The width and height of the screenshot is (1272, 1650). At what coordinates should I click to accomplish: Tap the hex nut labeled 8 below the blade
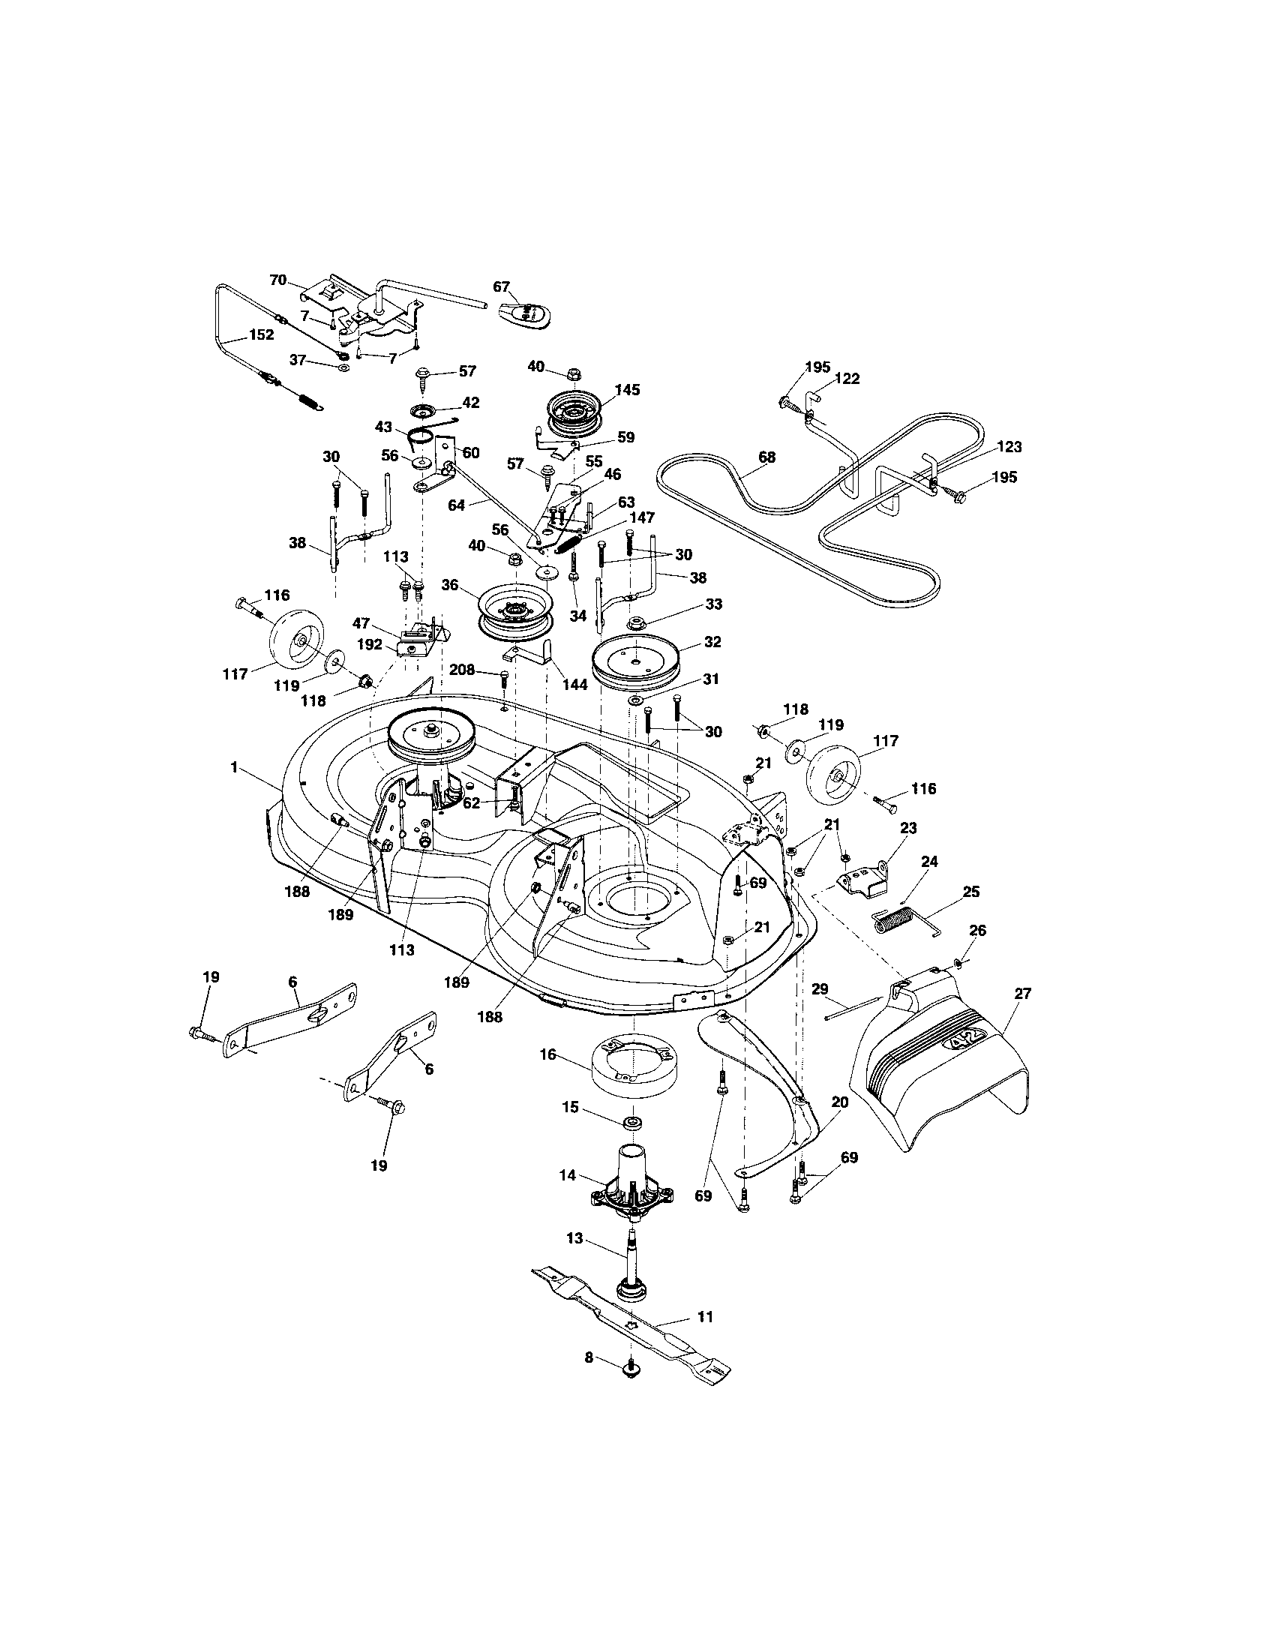click(x=628, y=1369)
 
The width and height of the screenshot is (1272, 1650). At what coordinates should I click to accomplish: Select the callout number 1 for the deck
click(x=234, y=766)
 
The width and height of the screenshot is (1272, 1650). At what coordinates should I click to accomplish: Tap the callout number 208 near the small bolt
click(x=462, y=668)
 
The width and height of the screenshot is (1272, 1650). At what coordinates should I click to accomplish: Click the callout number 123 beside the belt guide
click(x=1009, y=447)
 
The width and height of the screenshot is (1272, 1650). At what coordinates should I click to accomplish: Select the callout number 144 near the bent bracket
click(x=574, y=685)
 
